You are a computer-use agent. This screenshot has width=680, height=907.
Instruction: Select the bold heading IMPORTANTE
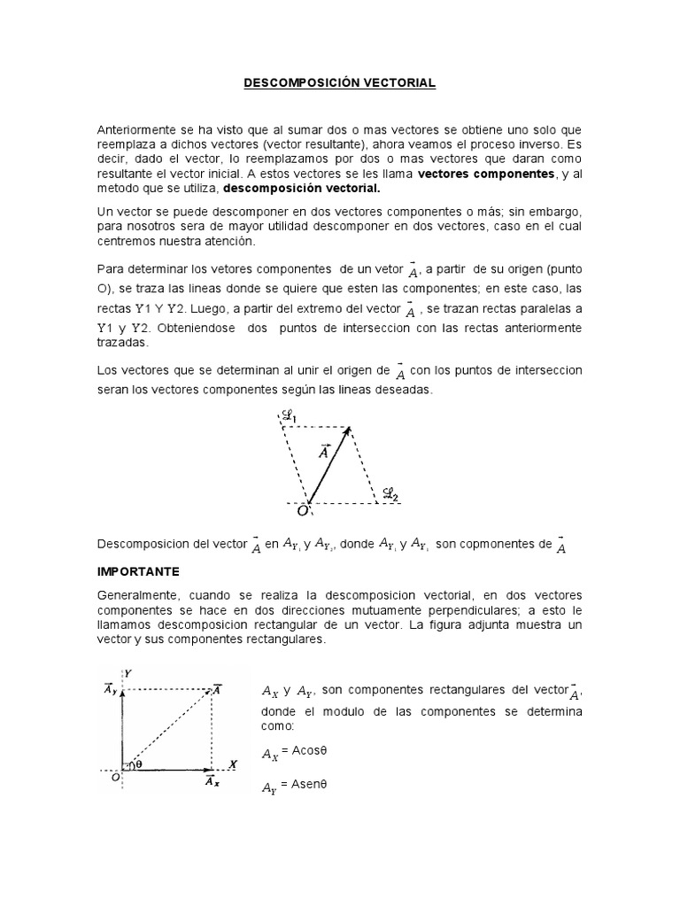(x=138, y=571)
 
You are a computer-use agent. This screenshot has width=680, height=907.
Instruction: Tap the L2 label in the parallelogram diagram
(x=390, y=492)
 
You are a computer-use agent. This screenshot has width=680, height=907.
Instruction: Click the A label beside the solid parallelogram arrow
(x=323, y=452)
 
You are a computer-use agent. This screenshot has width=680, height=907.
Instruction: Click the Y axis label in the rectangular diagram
(x=127, y=673)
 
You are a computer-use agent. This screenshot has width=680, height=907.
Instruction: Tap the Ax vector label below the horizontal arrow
(x=212, y=782)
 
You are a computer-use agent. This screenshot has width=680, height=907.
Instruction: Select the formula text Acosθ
(x=305, y=753)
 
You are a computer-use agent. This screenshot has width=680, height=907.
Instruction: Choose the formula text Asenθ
(x=305, y=785)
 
